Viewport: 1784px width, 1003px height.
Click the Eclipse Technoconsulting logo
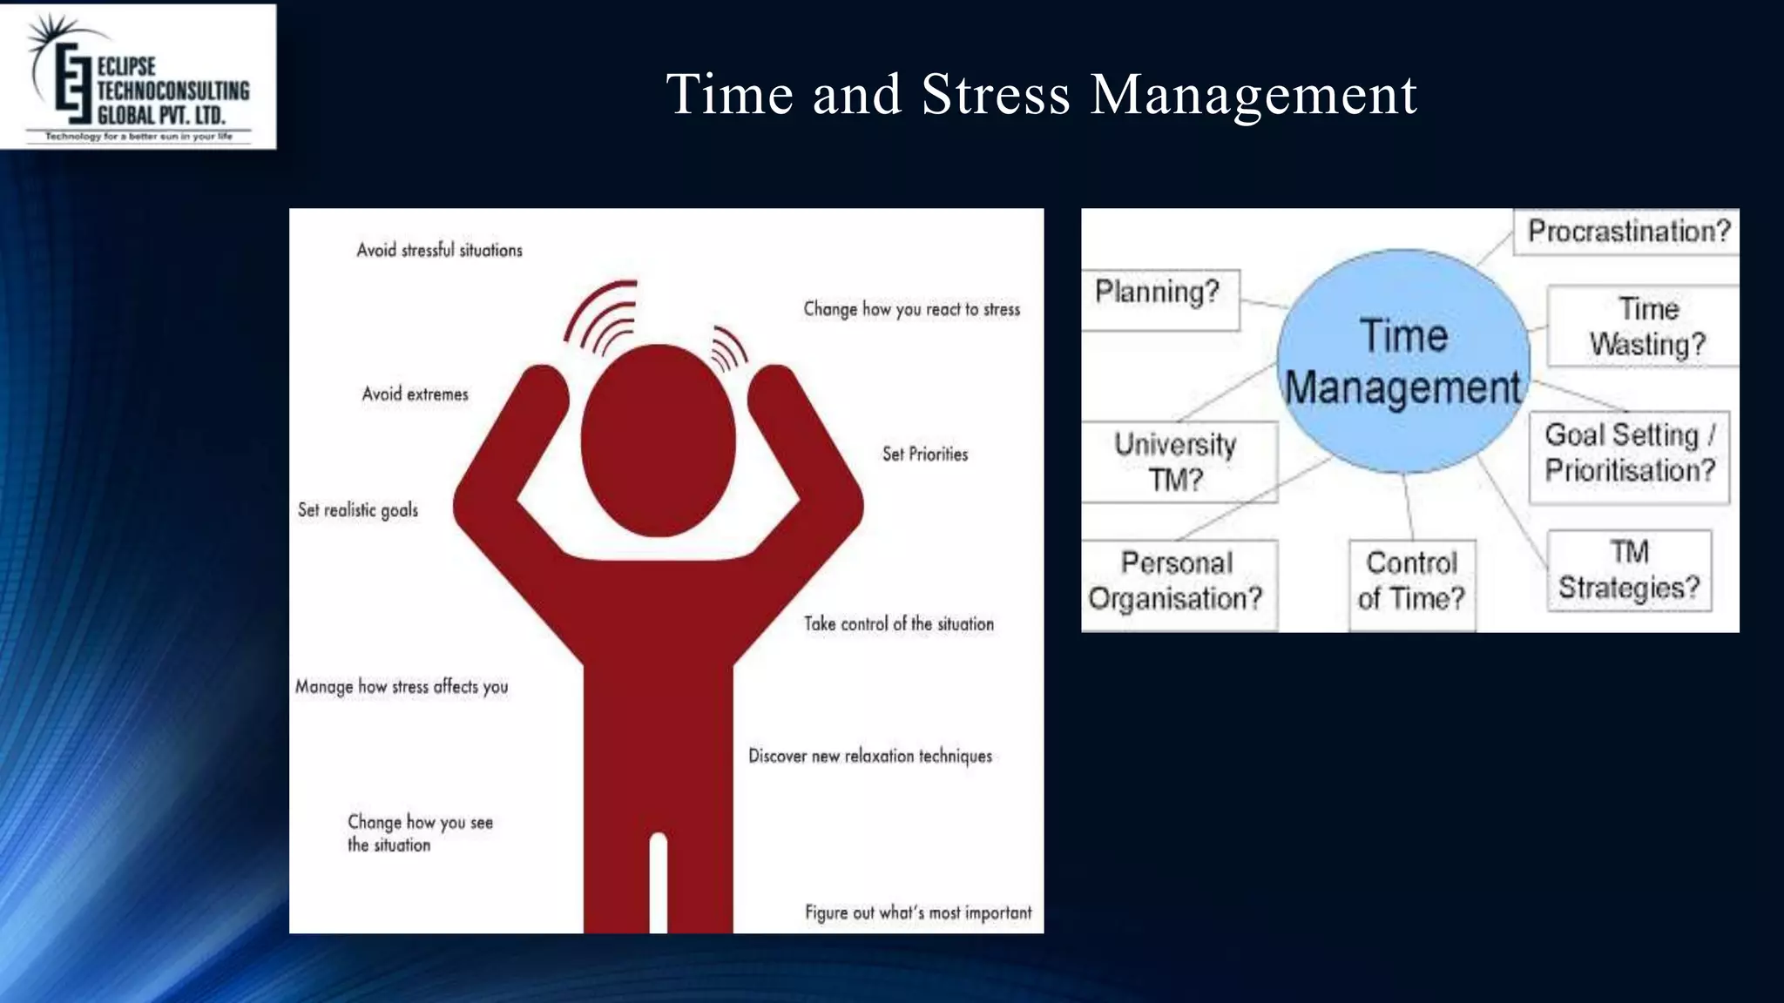138,77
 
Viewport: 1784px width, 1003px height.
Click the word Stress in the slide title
995,94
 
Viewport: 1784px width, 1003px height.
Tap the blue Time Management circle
1402,361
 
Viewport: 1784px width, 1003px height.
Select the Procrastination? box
1627,232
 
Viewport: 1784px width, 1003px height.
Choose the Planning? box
1159,299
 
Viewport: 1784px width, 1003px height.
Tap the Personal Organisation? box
1176,582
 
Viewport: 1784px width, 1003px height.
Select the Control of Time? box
1411,582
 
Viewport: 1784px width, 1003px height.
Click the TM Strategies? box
1629,570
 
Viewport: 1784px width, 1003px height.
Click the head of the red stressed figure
658,440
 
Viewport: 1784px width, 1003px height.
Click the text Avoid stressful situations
439,251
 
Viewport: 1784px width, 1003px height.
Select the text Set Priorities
924,454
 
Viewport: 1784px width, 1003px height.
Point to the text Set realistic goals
357,510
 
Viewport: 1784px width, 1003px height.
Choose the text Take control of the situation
898,624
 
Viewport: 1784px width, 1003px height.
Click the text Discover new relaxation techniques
869,757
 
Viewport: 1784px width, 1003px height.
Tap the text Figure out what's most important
917,913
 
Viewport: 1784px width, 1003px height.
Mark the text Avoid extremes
415,394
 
